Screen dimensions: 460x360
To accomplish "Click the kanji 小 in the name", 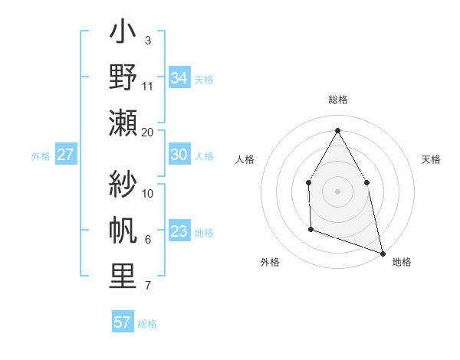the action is click(x=124, y=35).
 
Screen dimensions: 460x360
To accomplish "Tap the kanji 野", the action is click(x=124, y=78).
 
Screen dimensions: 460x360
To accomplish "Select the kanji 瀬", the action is click(x=124, y=123).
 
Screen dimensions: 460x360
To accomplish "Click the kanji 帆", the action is click(x=124, y=231).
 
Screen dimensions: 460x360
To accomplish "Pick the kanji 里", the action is click(x=124, y=277).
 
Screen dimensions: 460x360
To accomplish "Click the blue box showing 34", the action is click(x=179, y=77).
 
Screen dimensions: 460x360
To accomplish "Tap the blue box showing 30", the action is click(x=179, y=155).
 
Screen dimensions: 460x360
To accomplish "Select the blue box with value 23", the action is click(x=179, y=231).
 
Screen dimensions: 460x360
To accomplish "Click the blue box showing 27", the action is click(x=65, y=155).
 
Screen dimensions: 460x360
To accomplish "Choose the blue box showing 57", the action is click(x=123, y=322).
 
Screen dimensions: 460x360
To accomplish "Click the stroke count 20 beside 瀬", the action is click(x=148, y=132).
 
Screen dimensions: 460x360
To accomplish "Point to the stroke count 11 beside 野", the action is click(x=148, y=86).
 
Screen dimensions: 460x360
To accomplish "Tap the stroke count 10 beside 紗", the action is click(x=148, y=193).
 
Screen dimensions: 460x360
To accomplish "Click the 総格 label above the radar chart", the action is click(x=338, y=100).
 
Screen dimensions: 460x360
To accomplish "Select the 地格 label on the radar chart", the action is click(x=402, y=262).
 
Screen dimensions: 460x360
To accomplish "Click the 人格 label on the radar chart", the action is click(x=245, y=159).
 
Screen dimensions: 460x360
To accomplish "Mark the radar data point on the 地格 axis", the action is click(x=383, y=253).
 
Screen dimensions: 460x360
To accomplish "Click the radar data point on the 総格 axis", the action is click(x=337, y=129).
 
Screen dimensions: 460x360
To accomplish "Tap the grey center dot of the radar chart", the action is click(x=337, y=191).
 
